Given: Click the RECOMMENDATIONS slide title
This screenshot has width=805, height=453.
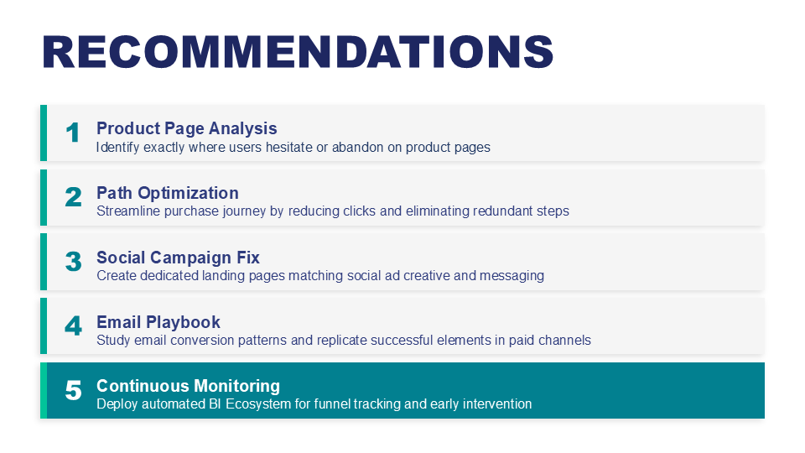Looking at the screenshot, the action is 298,52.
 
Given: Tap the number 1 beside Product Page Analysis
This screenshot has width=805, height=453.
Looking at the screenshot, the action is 73,133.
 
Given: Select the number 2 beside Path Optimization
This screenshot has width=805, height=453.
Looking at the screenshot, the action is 73,197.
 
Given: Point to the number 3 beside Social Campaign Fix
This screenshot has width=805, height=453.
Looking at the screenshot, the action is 73,262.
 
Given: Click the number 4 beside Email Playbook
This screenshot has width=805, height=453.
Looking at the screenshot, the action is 73,326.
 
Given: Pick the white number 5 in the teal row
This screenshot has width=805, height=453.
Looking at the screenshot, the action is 73,390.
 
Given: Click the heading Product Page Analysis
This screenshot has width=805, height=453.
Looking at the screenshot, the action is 186,128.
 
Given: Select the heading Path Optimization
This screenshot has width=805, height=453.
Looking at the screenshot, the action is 168,193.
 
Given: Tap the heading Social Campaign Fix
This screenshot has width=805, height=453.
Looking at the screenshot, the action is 178,258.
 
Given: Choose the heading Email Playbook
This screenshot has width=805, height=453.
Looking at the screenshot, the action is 158,322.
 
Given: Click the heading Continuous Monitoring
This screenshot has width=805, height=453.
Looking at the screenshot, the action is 188,386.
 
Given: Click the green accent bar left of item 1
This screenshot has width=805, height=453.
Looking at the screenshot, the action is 44,133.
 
